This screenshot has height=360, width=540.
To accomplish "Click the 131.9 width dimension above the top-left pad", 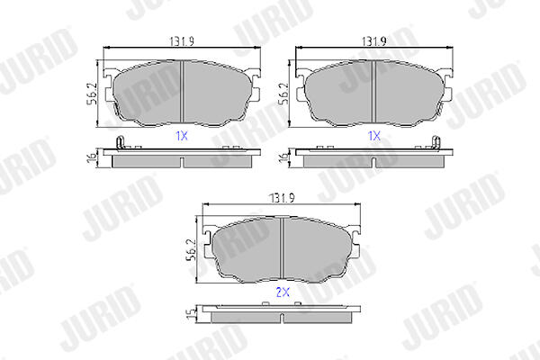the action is click(182, 41).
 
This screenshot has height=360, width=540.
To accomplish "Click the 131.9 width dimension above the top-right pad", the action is click(374, 41).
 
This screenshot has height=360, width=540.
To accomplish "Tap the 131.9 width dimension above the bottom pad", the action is click(282, 198).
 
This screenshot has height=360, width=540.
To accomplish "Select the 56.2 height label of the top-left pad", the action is click(92, 94).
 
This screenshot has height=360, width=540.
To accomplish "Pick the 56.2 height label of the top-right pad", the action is click(284, 94).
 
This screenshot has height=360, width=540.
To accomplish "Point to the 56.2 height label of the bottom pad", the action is click(192, 250).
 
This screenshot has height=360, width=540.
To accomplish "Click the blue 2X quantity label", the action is click(283, 292).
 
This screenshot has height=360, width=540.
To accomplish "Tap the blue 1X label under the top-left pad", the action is click(182, 136).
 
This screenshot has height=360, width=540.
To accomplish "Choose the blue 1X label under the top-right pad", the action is click(374, 136).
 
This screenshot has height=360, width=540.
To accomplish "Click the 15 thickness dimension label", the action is click(191, 314).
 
